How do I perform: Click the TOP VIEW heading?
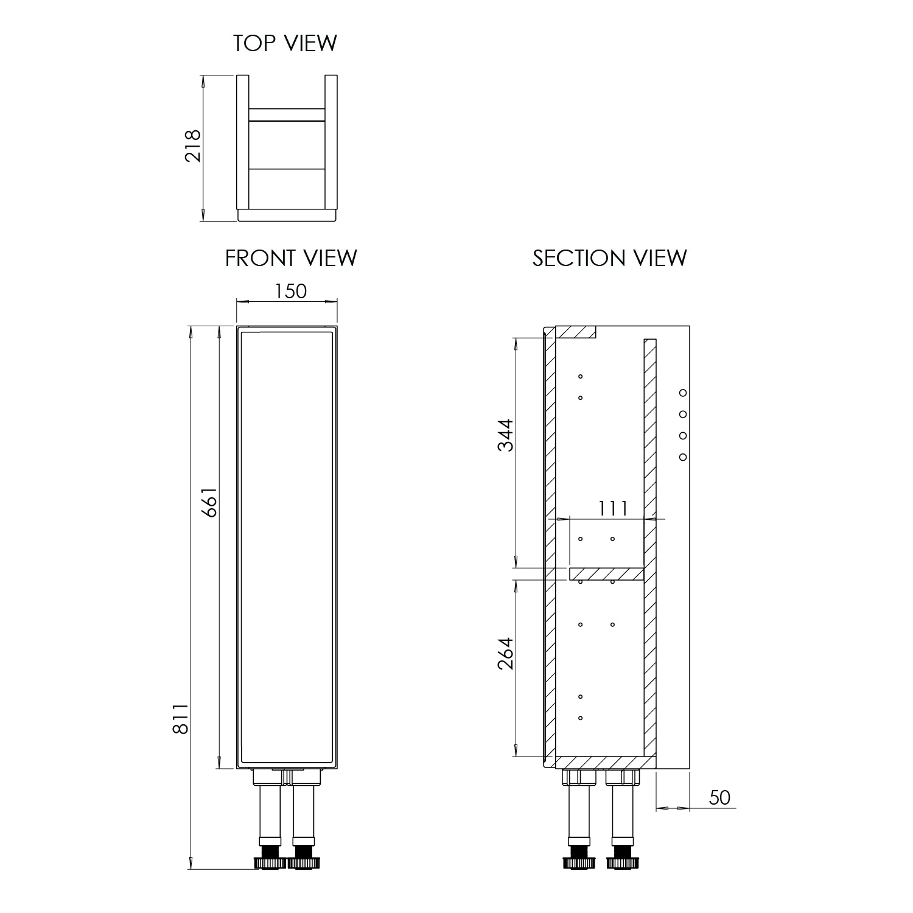click(285, 43)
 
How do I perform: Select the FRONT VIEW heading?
click(291, 258)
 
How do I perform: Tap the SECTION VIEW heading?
click(610, 258)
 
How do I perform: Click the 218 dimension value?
click(193, 145)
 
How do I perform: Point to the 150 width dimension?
click(290, 292)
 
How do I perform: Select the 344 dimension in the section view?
click(506, 435)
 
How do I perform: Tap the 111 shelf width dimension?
click(612, 508)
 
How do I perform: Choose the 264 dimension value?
click(506, 653)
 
